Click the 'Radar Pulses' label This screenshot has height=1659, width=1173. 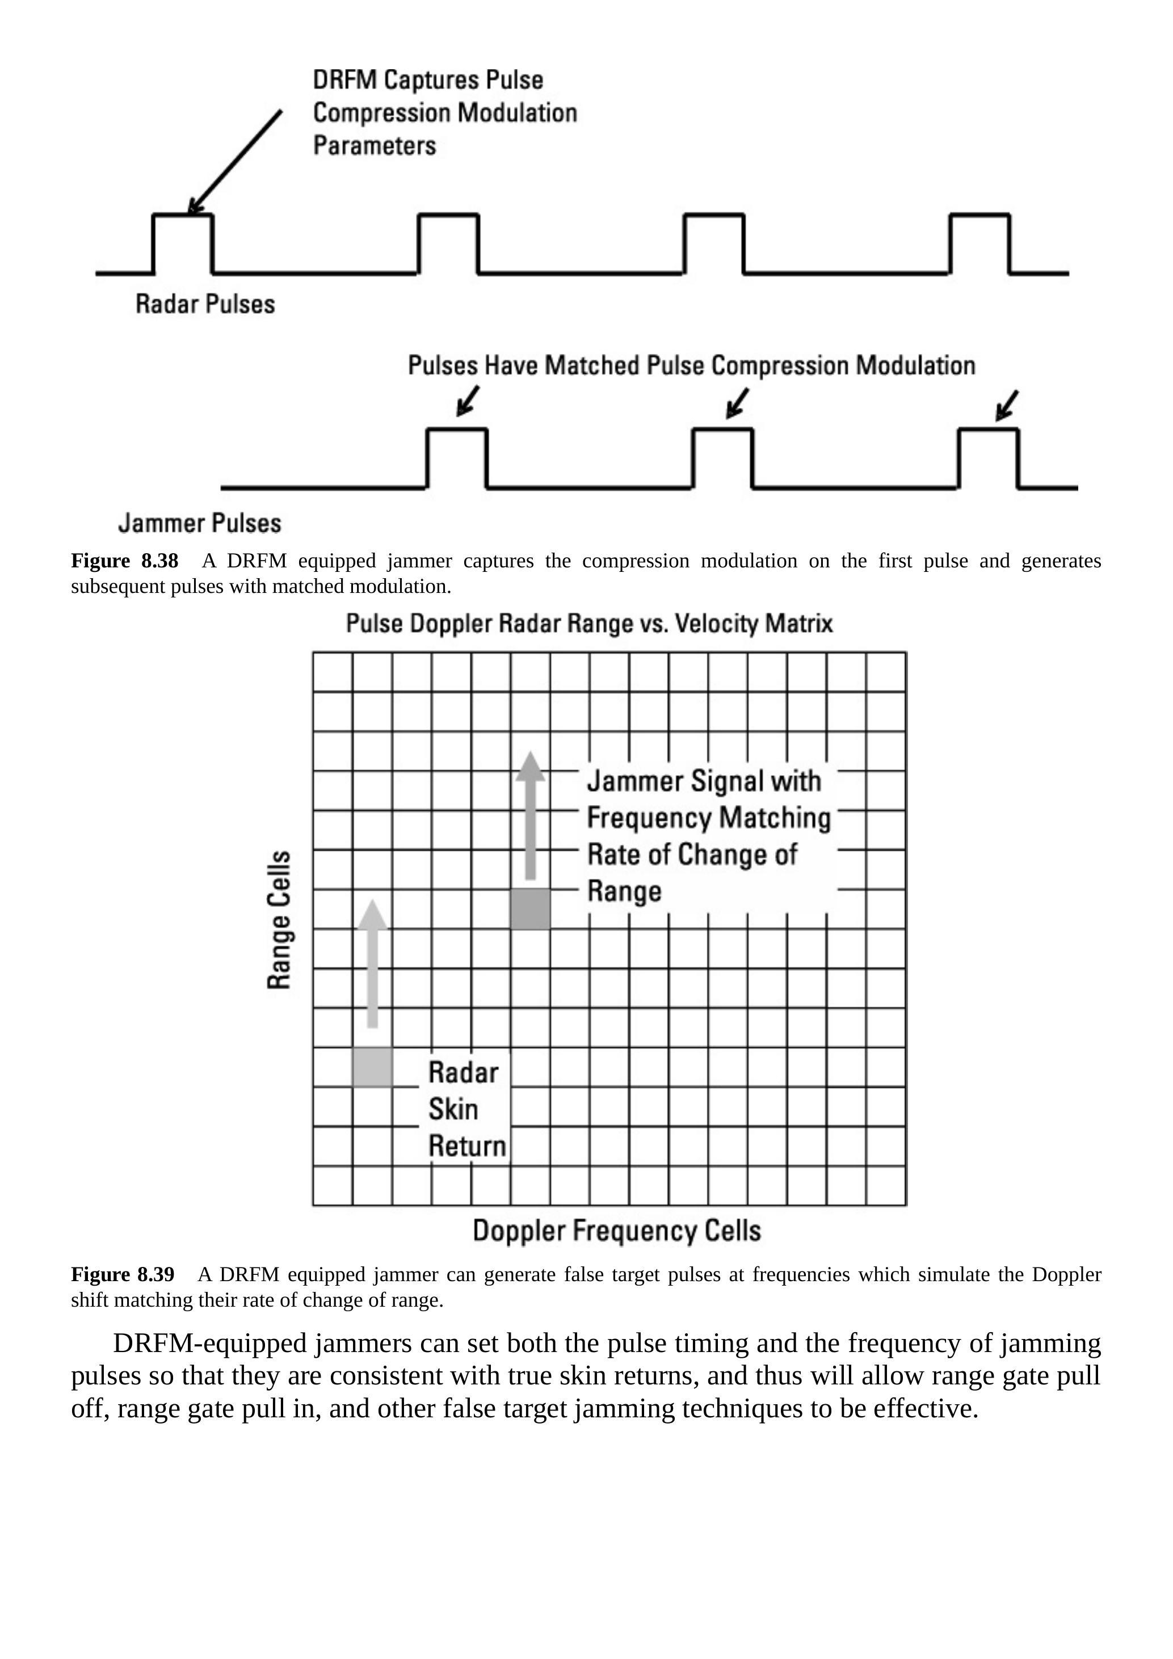pyautogui.click(x=205, y=304)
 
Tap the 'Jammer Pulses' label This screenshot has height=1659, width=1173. pyautogui.click(x=200, y=523)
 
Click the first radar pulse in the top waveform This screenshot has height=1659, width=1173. pyautogui.click(x=183, y=243)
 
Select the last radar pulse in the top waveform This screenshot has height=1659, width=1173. pyautogui.click(x=979, y=243)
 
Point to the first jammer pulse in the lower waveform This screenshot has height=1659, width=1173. pyautogui.click(x=457, y=458)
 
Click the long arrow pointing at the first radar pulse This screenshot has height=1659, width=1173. pyautogui.click(x=235, y=162)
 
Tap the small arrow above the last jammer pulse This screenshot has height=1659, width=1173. pyautogui.click(x=1007, y=405)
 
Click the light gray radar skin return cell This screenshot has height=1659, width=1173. pyautogui.click(x=372, y=1067)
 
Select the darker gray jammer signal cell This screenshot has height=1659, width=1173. pyautogui.click(x=531, y=909)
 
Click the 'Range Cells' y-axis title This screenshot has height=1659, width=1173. pyautogui.click(x=280, y=919)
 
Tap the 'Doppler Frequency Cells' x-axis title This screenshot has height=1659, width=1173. pyautogui.click(x=616, y=1231)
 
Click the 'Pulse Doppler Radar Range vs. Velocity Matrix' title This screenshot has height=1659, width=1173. pyautogui.click(x=589, y=624)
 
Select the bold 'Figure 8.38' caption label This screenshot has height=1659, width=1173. pyautogui.click(x=124, y=561)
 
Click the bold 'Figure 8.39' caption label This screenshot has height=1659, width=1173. pyautogui.click(x=123, y=1274)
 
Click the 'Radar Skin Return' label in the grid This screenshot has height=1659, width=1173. pyautogui.click(x=466, y=1109)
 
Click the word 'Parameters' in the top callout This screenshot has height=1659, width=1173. pyautogui.click(x=375, y=145)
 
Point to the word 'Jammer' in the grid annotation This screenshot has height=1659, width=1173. pyautogui.click(x=634, y=781)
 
